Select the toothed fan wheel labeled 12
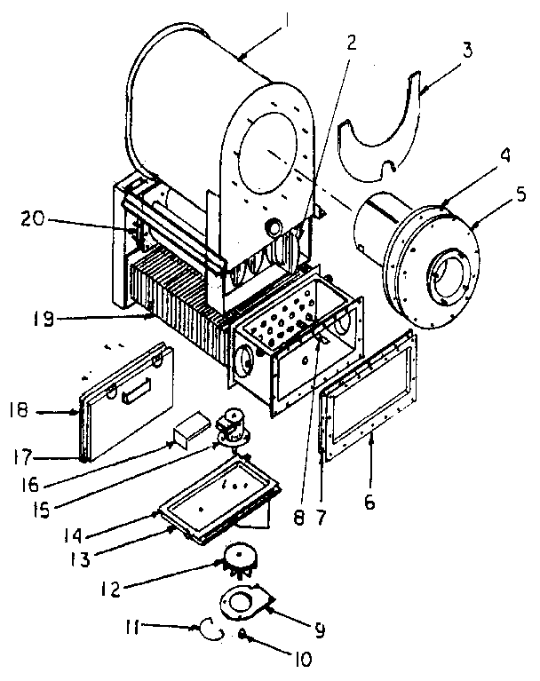[237, 562]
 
